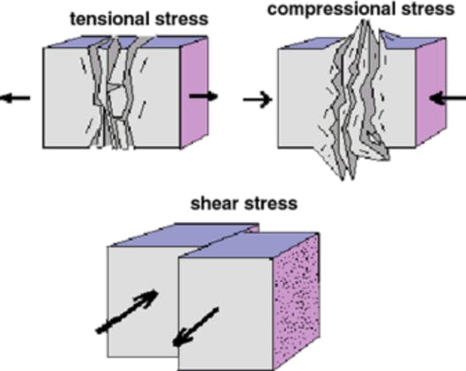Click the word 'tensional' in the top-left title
(x=111, y=19)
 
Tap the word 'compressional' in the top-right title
(x=333, y=9)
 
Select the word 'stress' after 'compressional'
(x=428, y=9)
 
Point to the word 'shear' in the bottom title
(x=214, y=204)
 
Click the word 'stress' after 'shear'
(x=270, y=204)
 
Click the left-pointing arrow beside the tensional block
(x=15, y=98)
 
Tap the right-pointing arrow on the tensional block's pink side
(x=204, y=96)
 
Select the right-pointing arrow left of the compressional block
(x=258, y=100)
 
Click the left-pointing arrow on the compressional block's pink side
(x=447, y=99)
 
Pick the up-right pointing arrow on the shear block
(x=127, y=311)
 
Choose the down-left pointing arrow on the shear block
(x=196, y=327)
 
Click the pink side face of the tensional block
(x=194, y=93)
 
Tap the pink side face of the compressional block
(x=431, y=92)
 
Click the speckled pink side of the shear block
(x=297, y=301)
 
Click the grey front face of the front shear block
(x=225, y=314)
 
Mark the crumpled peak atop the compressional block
(x=365, y=30)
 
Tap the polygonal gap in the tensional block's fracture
(x=118, y=102)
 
